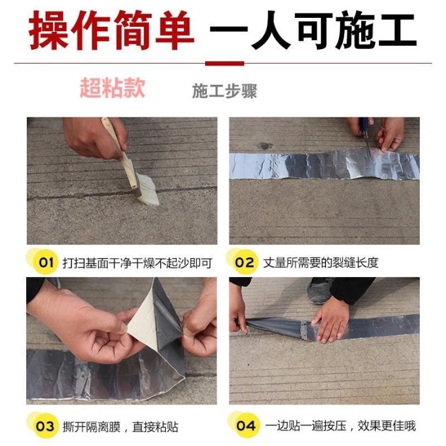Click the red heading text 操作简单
pos(111,31)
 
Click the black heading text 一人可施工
pos(313,30)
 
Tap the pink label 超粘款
pos(113,88)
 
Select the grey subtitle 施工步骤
pos(224,91)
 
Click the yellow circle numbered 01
pos(45,262)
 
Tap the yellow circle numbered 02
pos(245,262)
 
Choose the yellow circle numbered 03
pos(45,426)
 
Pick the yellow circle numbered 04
pos(246,426)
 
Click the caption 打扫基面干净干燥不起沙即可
pos(138,263)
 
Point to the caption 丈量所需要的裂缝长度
pos(320,263)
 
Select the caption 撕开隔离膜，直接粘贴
pos(120,427)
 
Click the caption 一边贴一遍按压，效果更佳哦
pos(340,426)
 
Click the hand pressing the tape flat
pos(331,320)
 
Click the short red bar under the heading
pos(225,63)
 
